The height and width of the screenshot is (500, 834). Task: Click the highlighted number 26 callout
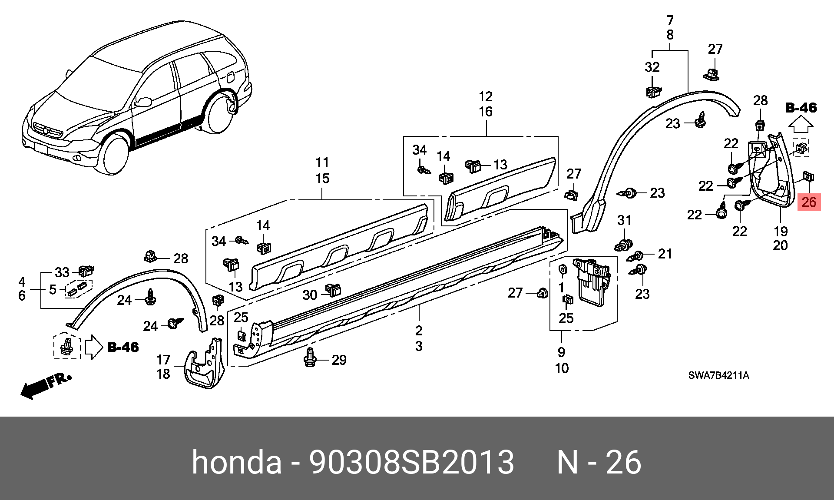[809, 202]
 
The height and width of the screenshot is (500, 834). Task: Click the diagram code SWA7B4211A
[718, 375]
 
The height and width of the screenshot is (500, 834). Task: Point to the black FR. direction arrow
[46, 386]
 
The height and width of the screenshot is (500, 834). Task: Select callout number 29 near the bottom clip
[339, 360]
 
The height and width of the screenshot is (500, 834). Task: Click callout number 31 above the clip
[624, 221]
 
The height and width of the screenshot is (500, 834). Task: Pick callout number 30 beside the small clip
[310, 295]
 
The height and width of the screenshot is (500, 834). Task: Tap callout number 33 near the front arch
[62, 272]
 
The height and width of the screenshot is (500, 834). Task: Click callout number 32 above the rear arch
[652, 67]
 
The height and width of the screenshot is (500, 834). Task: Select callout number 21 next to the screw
[665, 254]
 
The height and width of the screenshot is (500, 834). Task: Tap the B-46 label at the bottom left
[123, 347]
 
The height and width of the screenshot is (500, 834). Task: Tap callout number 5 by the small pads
[53, 289]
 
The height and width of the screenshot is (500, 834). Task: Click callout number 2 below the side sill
[419, 331]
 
